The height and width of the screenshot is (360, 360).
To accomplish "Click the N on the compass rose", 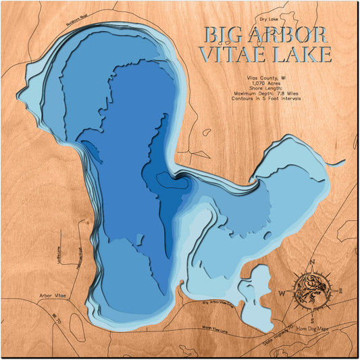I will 311,262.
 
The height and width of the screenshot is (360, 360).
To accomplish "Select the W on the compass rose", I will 282,292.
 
